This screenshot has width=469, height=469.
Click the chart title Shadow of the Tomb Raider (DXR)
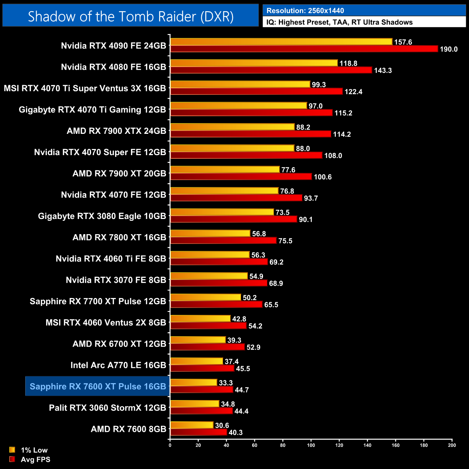point(131,16)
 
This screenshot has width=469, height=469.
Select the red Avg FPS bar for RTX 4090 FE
point(304,49)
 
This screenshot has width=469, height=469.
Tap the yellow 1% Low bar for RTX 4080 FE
point(254,63)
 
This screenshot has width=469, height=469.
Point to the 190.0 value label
point(448,49)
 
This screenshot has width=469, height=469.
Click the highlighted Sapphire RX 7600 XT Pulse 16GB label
point(98,386)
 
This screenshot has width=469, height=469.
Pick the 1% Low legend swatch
point(12,450)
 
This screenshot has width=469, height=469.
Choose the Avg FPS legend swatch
point(12,459)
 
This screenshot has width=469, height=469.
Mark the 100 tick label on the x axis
point(311,445)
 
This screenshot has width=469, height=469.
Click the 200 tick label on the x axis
point(452,445)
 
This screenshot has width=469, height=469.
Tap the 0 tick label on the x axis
point(170,445)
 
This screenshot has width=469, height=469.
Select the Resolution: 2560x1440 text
point(305,10)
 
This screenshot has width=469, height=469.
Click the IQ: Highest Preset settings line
point(339,22)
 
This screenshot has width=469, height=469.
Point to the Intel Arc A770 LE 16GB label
point(118,365)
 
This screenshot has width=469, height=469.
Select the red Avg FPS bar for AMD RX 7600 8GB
point(198,432)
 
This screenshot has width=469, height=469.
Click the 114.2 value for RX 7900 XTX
point(342,134)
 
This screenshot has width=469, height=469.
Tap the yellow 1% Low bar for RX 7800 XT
point(210,233)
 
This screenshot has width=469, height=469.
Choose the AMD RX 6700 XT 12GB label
point(119,344)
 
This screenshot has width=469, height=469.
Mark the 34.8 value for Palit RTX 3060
point(228,404)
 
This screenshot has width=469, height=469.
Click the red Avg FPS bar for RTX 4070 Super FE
point(246,155)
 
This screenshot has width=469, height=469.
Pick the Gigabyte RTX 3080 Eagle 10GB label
point(102,216)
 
